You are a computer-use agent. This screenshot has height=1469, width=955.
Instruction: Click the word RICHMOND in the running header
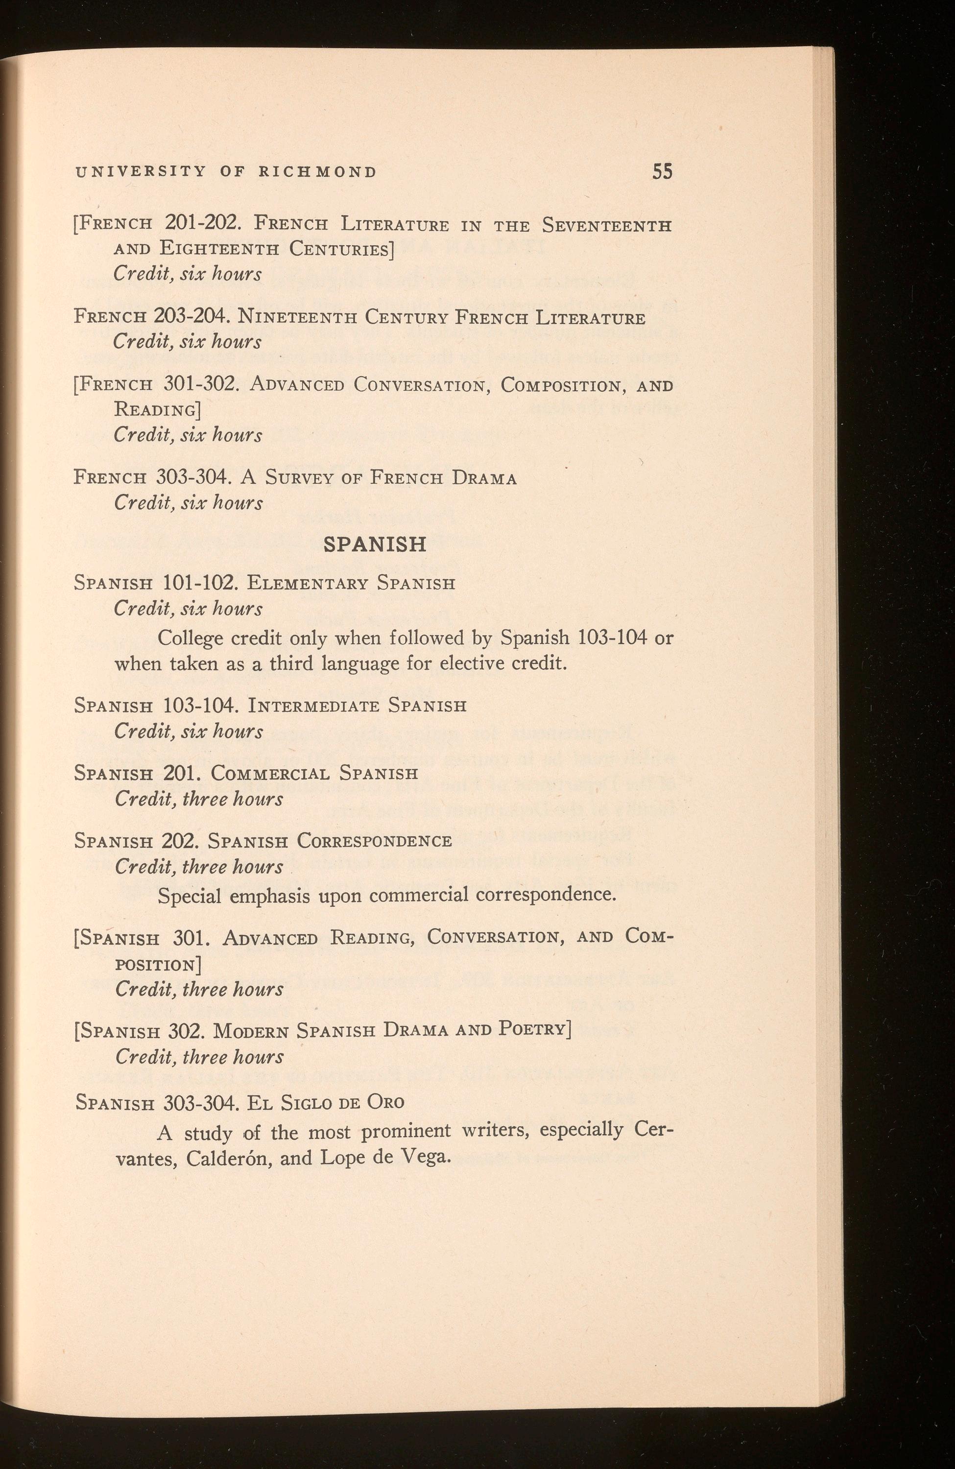pyautogui.click(x=317, y=172)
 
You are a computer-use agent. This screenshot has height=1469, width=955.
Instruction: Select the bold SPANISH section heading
pyautogui.click(x=375, y=544)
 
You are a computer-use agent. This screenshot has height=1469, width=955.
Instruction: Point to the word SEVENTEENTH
pyautogui.click(x=606, y=225)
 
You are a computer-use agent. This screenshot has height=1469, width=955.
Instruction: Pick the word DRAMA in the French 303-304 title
pyautogui.click(x=484, y=478)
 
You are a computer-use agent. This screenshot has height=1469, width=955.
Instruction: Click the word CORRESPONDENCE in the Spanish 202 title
pyautogui.click(x=374, y=841)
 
